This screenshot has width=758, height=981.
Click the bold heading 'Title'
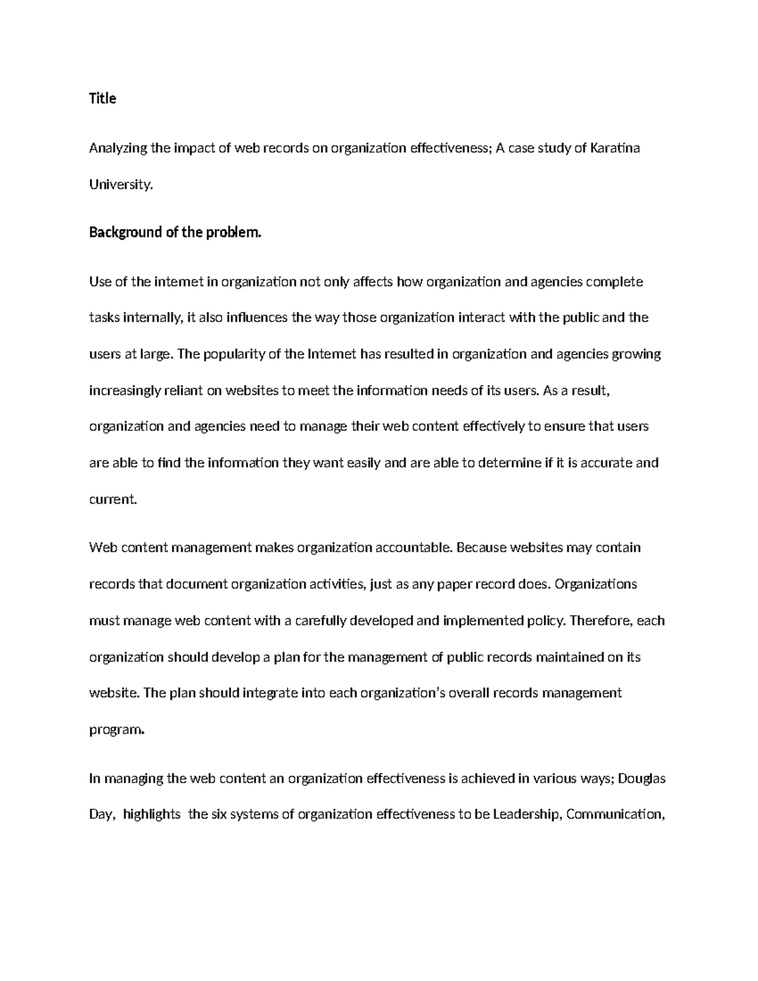click(102, 99)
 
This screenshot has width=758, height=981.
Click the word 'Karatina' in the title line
click(615, 148)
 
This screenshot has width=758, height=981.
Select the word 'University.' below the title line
click(121, 185)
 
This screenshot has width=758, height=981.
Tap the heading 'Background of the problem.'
click(175, 232)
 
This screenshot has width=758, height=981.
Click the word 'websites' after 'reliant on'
click(251, 390)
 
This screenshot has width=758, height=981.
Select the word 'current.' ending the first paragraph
click(113, 500)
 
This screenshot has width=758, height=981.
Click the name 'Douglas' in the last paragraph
click(641, 779)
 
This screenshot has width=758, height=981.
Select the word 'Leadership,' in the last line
click(527, 815)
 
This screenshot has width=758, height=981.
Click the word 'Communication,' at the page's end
click(616, 815)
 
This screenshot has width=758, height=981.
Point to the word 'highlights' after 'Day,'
click(152, 815)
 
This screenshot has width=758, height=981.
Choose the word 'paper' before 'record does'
click(454, 584)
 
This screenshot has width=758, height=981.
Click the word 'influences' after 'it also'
click(256, 318)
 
